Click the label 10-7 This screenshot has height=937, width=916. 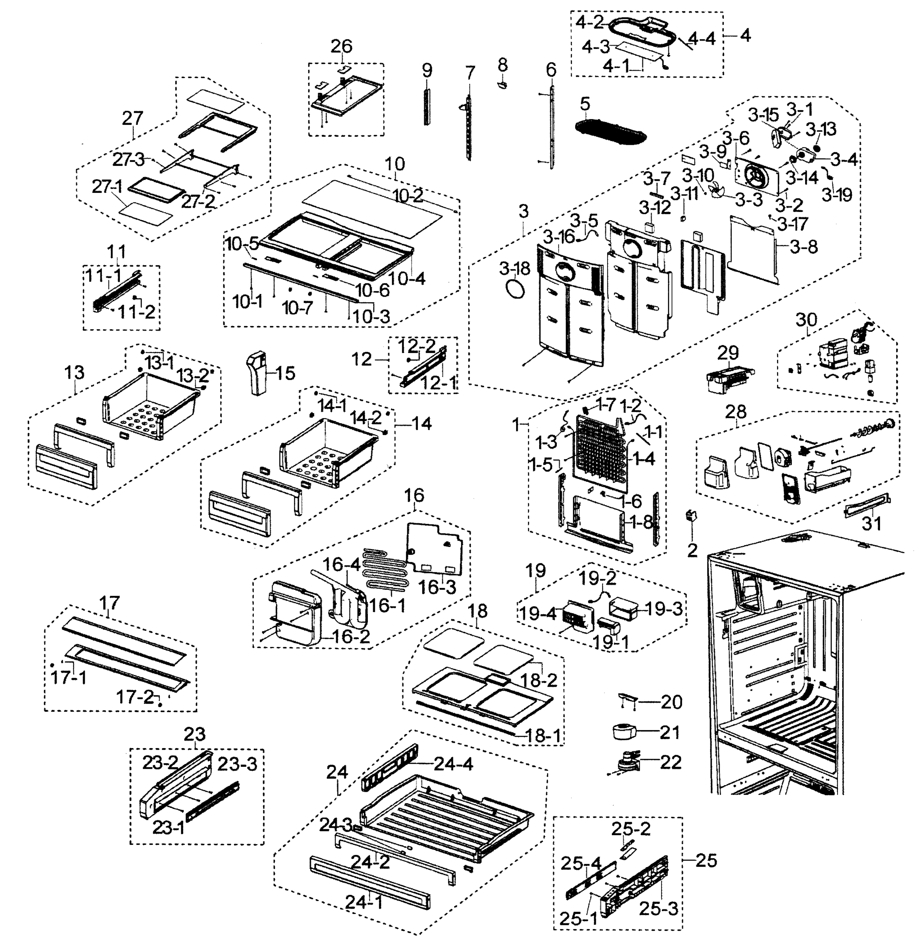pyautogui.click(x=298, y=308)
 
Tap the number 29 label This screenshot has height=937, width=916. pyautogui.click(x=727, y=353)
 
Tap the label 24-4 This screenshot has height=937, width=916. pyautogui.click(x=453, y=764)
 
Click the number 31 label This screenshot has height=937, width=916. pyautogui.click(x=871, y=523)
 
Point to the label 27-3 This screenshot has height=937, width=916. pyautogui.click(x=128, y=159)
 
